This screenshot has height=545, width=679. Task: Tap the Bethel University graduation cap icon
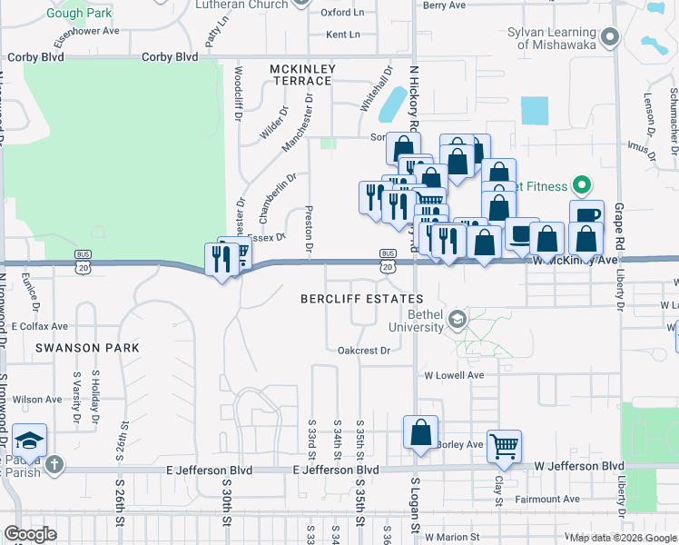(x=458, y=319)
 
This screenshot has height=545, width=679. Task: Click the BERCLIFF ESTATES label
(x=362, y=299)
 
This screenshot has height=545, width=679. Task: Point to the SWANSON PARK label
(x=87, y=348)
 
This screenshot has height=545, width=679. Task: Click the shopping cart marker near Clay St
(x=504, y=445)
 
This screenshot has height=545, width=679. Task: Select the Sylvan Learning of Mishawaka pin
(x=610, y=37)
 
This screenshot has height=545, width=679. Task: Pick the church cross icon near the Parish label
(x=54, y=465)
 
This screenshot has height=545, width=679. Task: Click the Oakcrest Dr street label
(x=363, y=350)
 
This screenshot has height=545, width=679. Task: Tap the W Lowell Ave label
(x=454, y=375)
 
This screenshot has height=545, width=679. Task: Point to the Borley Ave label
(x=459, y=445)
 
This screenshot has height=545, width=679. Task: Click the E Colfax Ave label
(x=40, y=326)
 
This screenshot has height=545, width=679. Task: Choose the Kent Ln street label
(x=342, y=35)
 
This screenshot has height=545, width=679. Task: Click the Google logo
(x=30, y=534)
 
